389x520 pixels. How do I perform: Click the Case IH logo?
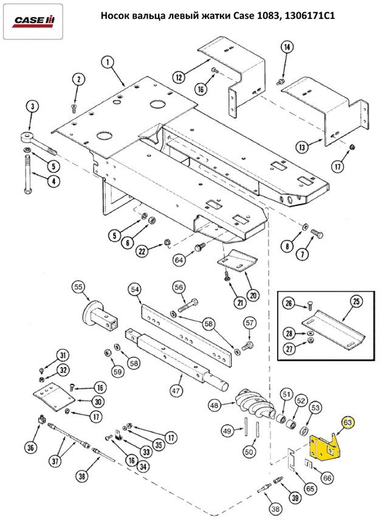pyautogui.click(x=34, y=21)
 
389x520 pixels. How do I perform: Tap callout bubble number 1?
pyautogui.click(x=107, y=63)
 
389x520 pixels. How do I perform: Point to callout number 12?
pyautogui.click(x=178, y=77)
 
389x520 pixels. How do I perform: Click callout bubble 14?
pyautogui.click(x=287, y=47)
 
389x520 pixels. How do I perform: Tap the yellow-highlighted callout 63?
pyautogui.click(x=348, y=422)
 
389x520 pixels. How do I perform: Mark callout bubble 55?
pyautogui.click(x=78, y=287)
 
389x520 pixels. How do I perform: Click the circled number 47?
pyautogui.click(x=176, y=391)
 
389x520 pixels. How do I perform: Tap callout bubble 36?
pyautogui.click(x=31, y=448)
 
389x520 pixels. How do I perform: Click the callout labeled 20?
pyautogui.click(x=253, y=295)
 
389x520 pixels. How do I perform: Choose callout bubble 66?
pyautogui.click(x=328, y=478)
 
